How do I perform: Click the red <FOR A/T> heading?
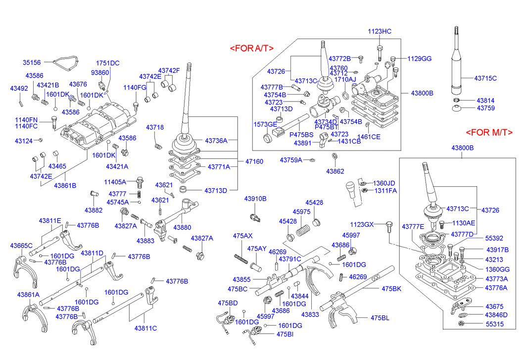(x=251, y=48)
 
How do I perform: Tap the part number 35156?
(x=32, y=62)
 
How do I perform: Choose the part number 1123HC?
(x=380, y=31)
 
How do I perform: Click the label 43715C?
(x=485, y=78)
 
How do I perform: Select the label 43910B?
(x=255, y=199)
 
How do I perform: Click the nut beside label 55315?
(x=460, y=324)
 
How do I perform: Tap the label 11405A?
(x=115, y=182)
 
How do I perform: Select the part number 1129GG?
(x=420, y=58)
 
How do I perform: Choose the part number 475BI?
(x=285, y=334)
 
